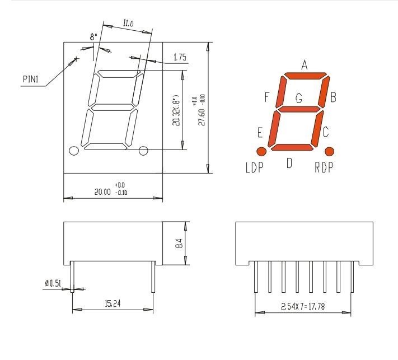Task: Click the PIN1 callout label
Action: (x=30, y=80)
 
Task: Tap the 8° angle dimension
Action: (x=93, y=36)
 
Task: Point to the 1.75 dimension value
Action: (x=180, y=58)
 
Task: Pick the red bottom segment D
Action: (x=291, y=147)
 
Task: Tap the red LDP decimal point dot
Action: (x=261, y=151)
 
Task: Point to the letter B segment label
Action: (x=333, y=99)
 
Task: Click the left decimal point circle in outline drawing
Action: (x=73, y=150)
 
